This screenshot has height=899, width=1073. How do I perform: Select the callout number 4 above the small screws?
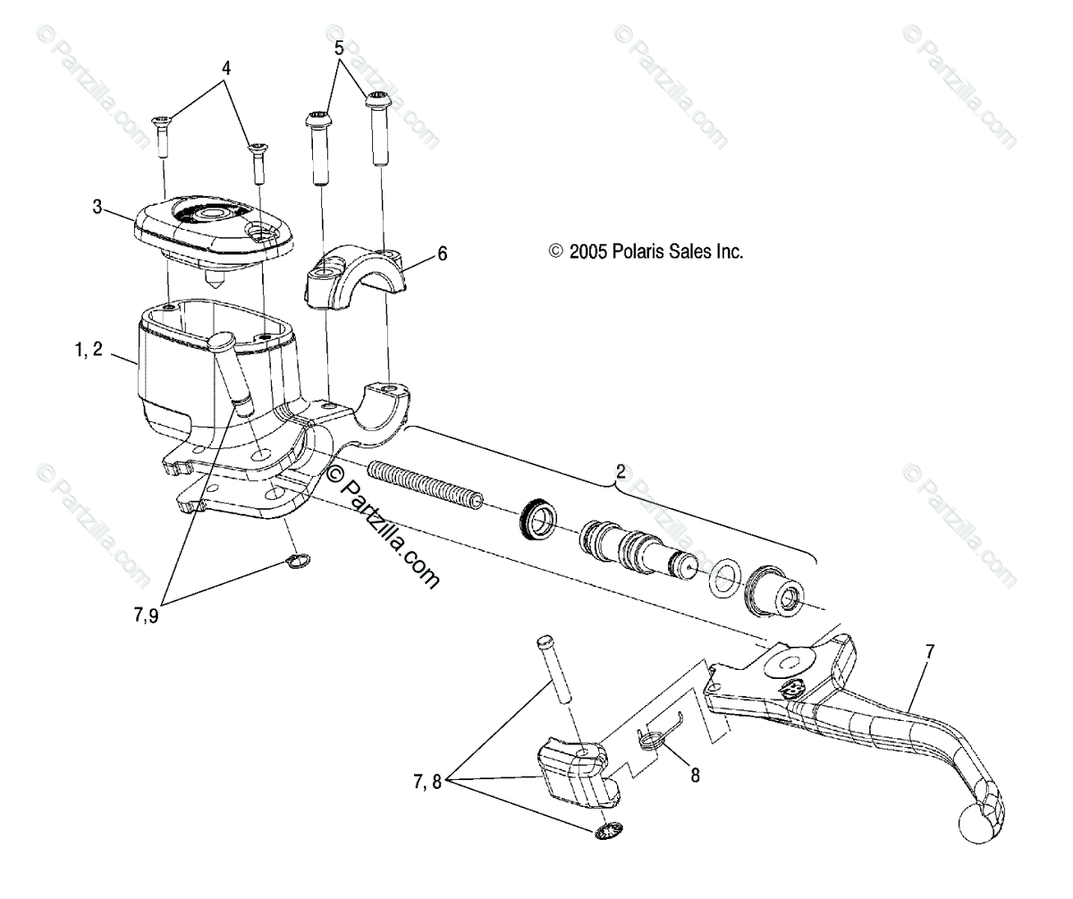[x=226, y=67]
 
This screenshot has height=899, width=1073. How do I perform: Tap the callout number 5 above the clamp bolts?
[x=339, y=48]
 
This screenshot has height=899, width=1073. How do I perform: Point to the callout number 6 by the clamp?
[x=442, y=254]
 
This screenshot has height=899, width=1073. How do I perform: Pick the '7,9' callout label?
[x=148, y=616]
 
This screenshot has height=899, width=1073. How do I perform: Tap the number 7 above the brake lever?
[x=929, y=651]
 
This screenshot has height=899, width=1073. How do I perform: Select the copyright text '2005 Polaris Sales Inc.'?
[x=646, y=252]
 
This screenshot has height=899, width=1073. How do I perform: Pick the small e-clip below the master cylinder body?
[x=298, y=561]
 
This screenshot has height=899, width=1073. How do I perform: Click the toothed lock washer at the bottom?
[x=609, y=833]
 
